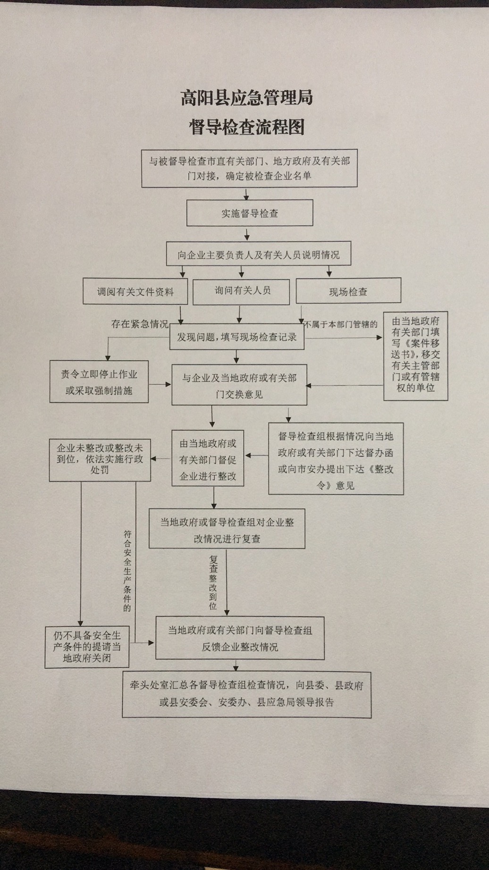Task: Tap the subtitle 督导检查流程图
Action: tap(246, 127)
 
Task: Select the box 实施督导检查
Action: tap(250, 213)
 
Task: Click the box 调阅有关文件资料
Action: tap(135, 292)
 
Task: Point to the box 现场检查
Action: tap(348, 292)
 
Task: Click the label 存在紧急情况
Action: tap(140, 324)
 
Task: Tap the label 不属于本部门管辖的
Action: tap(341, 324)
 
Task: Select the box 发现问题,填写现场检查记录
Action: tap(237, 338)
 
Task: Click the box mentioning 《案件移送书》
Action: tap(415, 356)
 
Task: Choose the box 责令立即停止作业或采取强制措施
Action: tap(99, 382)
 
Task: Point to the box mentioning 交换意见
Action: tap(239, 385)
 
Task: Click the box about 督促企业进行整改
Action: tap(208, 458)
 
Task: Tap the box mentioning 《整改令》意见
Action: tap(336, 460)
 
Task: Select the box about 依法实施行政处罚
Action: tap(100, 459)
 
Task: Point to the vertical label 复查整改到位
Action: tap(213, 582)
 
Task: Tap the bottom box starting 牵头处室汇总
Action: tap(246, 694)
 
